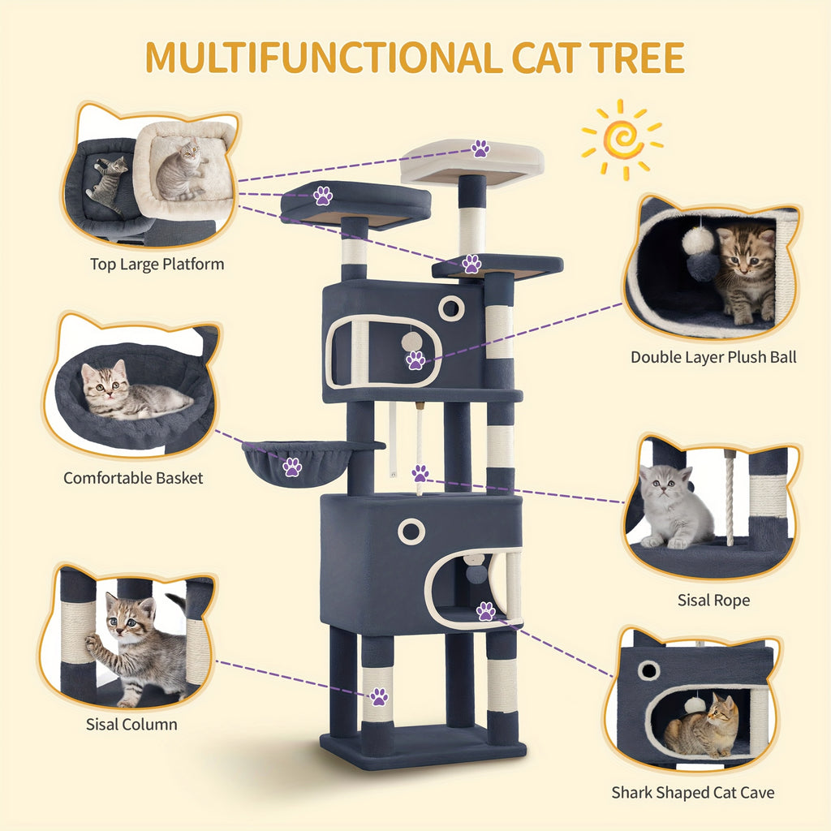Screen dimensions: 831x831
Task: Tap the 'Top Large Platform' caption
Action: pos(157,264)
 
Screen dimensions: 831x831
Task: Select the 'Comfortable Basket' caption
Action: pos(133,478)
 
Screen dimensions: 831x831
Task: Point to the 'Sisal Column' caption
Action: pos(131,724)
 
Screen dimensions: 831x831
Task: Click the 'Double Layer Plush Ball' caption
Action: pos(713,357)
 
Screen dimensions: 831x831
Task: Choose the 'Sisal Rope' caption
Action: pos(713,600)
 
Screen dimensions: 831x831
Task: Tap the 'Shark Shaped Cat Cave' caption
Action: pos(693,792)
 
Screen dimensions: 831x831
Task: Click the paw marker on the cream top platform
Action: pos(480,149)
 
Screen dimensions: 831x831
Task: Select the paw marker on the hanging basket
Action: pos(292,467)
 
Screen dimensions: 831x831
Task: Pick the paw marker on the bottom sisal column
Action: pos(379,696)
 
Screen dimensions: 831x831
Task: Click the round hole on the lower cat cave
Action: pos(411,531)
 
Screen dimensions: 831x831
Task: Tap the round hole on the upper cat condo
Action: pos(451,308)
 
